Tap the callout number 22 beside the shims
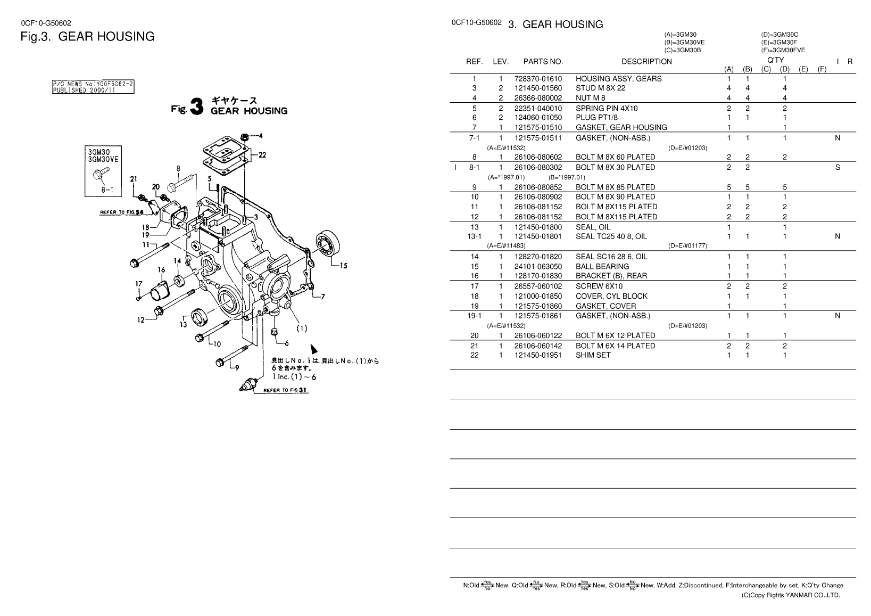click(262, 155)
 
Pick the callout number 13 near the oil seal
click(183, 325)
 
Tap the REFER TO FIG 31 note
click(286, 390)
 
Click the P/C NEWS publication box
click(93, 87)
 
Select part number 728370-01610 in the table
click(538, 79)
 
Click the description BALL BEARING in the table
click(602, 267)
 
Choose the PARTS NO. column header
click(543, 61)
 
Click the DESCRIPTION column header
click(646, 61)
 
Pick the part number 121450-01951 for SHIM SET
click(538, 355)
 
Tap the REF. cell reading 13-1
click(475, 236)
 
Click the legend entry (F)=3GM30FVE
click(783, 50)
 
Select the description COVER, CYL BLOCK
click(612, 296)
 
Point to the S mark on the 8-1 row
click(837, 167)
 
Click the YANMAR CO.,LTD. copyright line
click(791, 595)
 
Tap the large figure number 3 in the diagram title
click(197, 106)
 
